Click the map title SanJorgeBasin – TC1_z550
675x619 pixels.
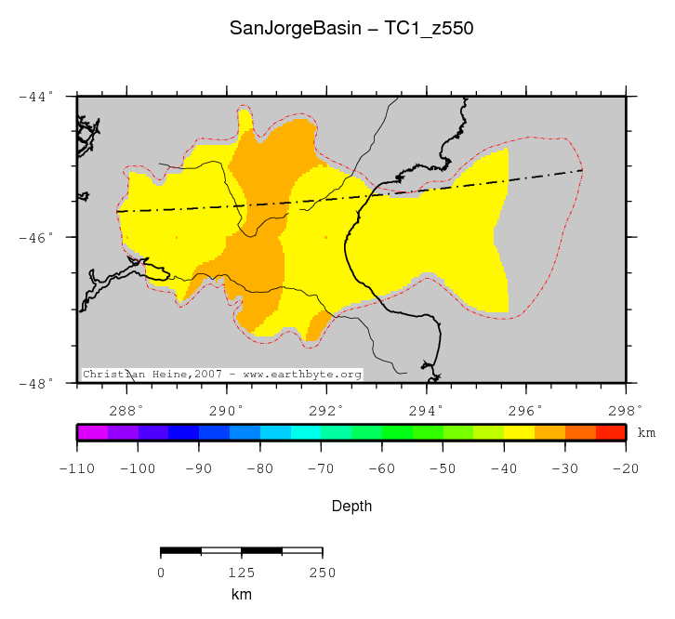[x=351, y=29]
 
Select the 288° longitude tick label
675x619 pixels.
[x=126, y=409]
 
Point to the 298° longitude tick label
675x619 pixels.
[x=625, y=409]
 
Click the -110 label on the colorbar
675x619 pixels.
[x=77, y=469]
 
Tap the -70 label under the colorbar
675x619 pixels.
[x=321, y=469]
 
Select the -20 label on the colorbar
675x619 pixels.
[x=625, y=469]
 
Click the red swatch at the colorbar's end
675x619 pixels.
[x=610, y=432]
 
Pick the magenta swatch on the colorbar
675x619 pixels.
[x=92, y=432]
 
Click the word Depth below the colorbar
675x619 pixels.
[x=352, y=507]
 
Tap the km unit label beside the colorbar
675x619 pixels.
[x=646, y=433]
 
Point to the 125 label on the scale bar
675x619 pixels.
[x=241, y=573]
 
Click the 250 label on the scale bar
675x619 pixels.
[x=322, y=573]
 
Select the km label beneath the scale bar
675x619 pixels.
[x=241, y=595]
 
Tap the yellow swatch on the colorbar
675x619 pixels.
[x=519, y=432]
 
